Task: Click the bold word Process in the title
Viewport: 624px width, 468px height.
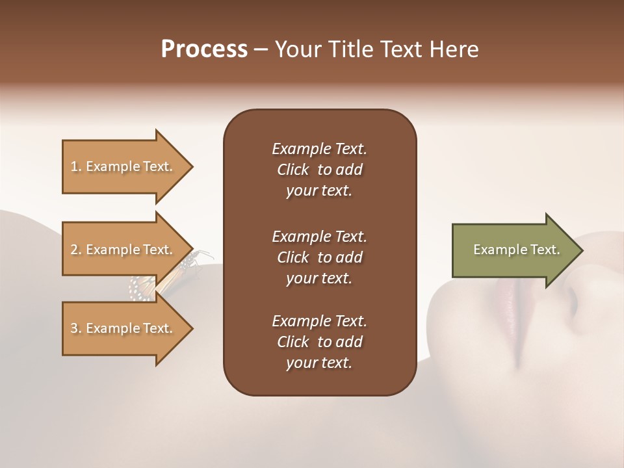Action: coord(204,49)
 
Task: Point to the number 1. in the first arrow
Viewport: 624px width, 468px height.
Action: coord(75,166)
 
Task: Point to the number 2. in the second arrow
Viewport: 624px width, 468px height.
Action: coord(75,250)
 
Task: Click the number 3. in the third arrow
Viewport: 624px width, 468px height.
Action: coord(75,328)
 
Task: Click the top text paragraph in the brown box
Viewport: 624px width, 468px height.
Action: coord(319,170)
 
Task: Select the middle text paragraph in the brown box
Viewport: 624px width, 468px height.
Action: coord(319,257)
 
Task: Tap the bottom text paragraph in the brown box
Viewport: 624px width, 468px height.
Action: coord(319,342)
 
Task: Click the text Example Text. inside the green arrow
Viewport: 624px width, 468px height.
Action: coord(517,250)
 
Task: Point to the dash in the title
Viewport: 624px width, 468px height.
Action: coord(261,50)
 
